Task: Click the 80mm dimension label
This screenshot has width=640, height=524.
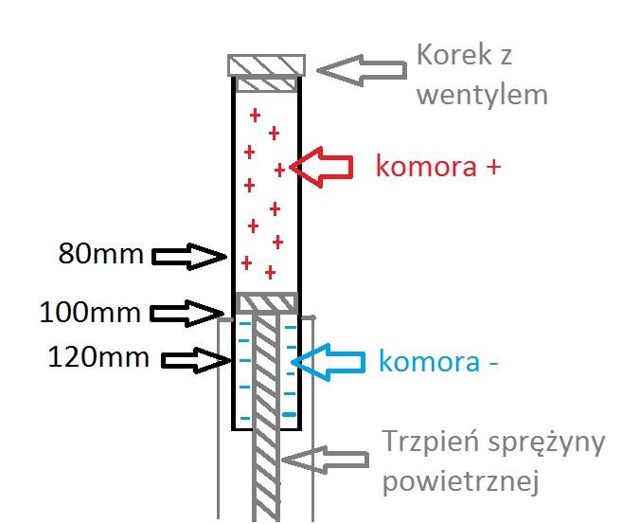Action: tap(100, 254)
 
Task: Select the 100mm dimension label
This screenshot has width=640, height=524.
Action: tap(90, 313)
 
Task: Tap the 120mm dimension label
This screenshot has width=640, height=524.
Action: tap(98, 357)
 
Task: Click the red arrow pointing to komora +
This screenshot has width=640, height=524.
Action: tap(321, 167)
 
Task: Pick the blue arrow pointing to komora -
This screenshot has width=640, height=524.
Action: tap(328, 362)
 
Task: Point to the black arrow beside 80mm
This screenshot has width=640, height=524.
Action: tap(189, 257)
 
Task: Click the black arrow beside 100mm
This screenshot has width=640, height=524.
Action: tap(187, 314)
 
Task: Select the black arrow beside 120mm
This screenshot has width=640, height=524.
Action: tap(196, 360)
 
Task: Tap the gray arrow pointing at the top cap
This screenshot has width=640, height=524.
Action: tap(362, 70)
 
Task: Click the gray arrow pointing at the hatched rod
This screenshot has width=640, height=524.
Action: tap(325, 460)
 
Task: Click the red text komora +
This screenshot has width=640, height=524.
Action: tap(438, 166)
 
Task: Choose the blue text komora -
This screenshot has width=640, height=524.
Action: tap(438, 361)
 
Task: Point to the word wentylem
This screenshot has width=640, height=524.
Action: tap(482, 95)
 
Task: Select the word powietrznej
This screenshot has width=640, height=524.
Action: tap(461, 481)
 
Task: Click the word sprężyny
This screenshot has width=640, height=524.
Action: tap(546, 444)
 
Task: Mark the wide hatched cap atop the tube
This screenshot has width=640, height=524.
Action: tap(267, 65)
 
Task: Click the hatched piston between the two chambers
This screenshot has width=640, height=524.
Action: tap(267, 303)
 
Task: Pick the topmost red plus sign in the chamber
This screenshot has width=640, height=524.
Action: tap(255, 116)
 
